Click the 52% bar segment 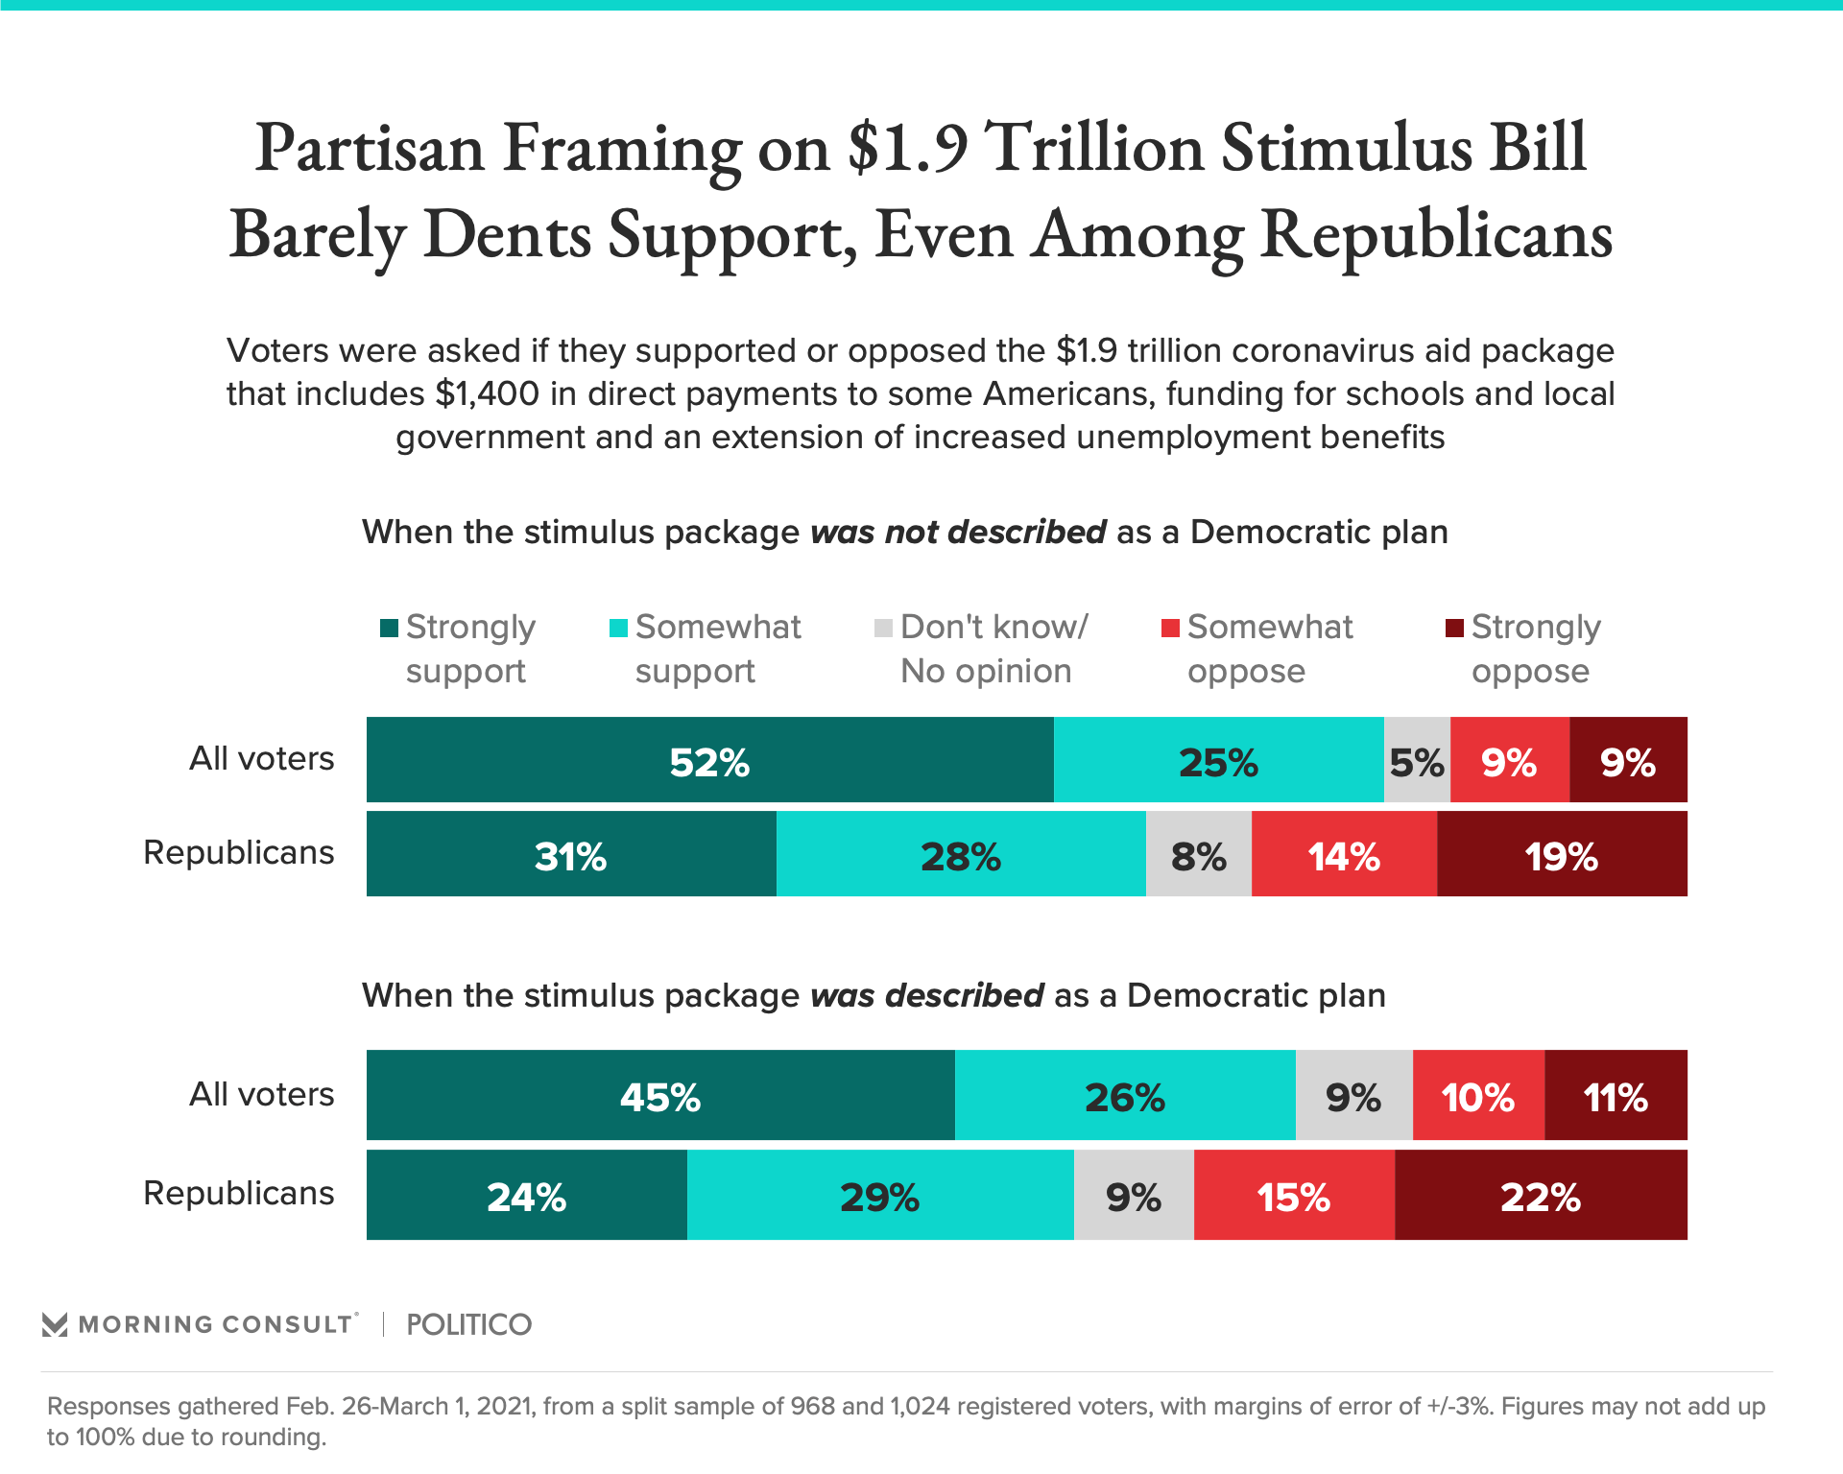pyautogui.click(x=709, y=760)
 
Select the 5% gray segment pyautogui.click(x=1417, y=760)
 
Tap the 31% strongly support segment pyautogui.click(x=571, y=854)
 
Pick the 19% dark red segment pyautogui.click(x=1562, y=854)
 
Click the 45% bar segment pyautogui.click(x=660, y=1095)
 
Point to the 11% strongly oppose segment pyautogui.click(x=1616, y=1095)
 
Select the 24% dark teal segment pyautogui.click(x=526, y=1195)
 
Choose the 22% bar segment pyautogui.click(x=1541, y=1195)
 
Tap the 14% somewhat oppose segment pyautogui.click(x=1344, y=854)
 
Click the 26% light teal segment pyautogui.click(x=1125, y=1095)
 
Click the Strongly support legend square pyautogui.click(x=389, y=629)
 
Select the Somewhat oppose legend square pyautogui.click(x=1170, y=629)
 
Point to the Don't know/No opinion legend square pyautogui.click(x=883, y=629)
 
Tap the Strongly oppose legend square pyautogui.click(x=1454, y=629)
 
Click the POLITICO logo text pyautogui.click(x=468, y=1324)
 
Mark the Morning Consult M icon pyautogui.click(x=55, y=1324)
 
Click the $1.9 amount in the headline pyautogui.click(x=908, y=149)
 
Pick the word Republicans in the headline pyautogui.click(x=1436, y=235)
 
